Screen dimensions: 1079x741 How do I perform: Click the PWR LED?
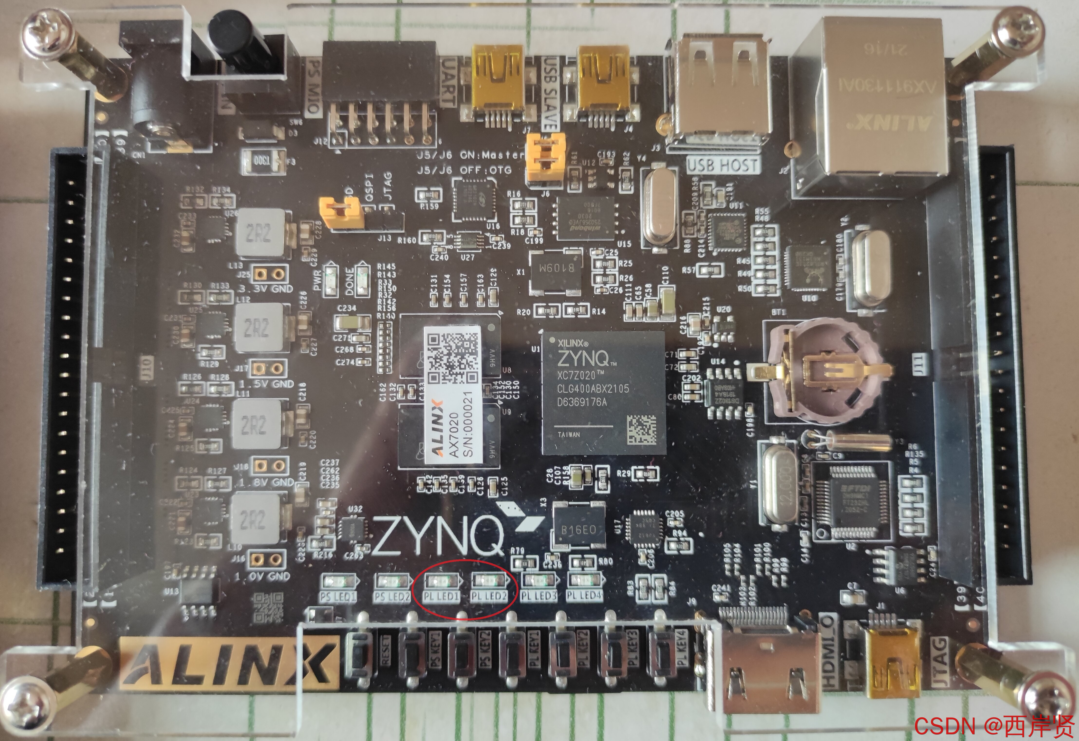tap(331, 281)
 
